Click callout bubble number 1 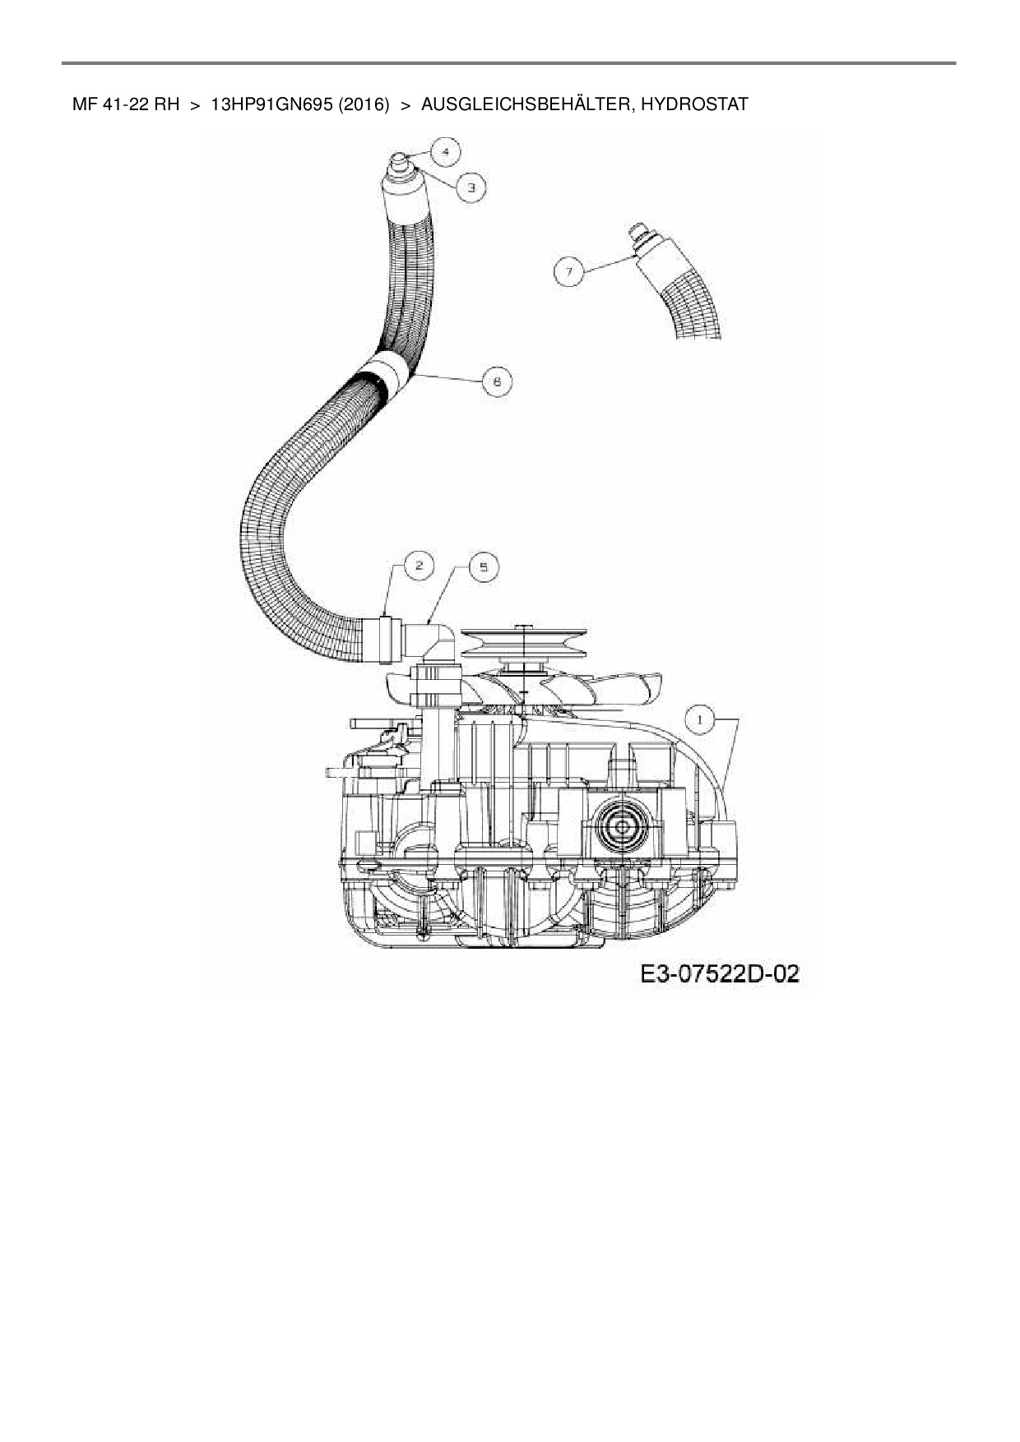pyautogui.click(x=700, y=720)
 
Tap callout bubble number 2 pyautogui.click(x=419, y=565)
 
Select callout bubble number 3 pyautogui.click(x=471, y=188)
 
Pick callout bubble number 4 pyautogui.click(x=445, y=151)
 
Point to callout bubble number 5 pyautogui.click(x=483, y=566)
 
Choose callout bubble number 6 pyautogui.click(x=496, y=381)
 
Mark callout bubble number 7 pyautogui.click(x=569, y=270)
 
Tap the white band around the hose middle pyautogui.click(x=388, y=372)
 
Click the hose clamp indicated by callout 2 pyautogui.click(x=383, y=637)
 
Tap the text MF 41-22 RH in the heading pyautogui.click(x=126, y=105)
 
